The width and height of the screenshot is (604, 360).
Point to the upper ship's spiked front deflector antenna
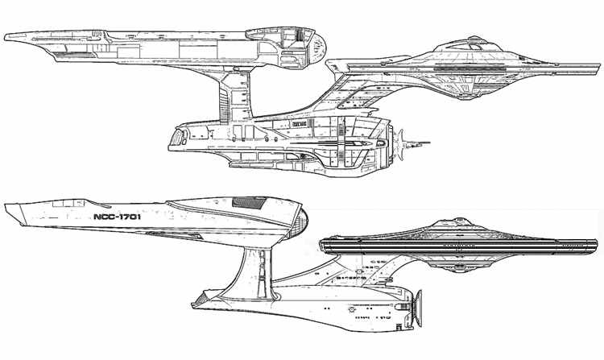420,145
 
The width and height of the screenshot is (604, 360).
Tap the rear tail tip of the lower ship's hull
194,304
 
